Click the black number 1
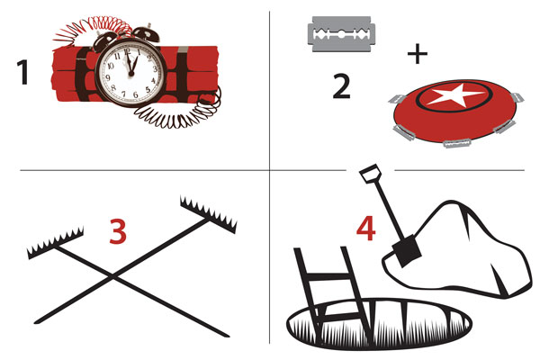(x=23, y=72)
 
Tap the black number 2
(x=342, y=86)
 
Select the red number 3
(x=118, y=231)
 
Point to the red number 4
(x=366, y=229)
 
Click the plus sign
(x=418, y=54)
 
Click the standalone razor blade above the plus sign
(x=340, y=34)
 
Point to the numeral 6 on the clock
(x=135, y=94)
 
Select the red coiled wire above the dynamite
(x=93, y=30)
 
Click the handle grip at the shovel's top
(x=370, y=173)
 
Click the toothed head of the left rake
(x=56, y=242)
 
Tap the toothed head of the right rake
(x=209, y=214)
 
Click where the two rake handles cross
(x=112, y=275)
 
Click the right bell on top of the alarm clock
(x=147, y=33)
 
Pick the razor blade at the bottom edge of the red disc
(x=457, y=143)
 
